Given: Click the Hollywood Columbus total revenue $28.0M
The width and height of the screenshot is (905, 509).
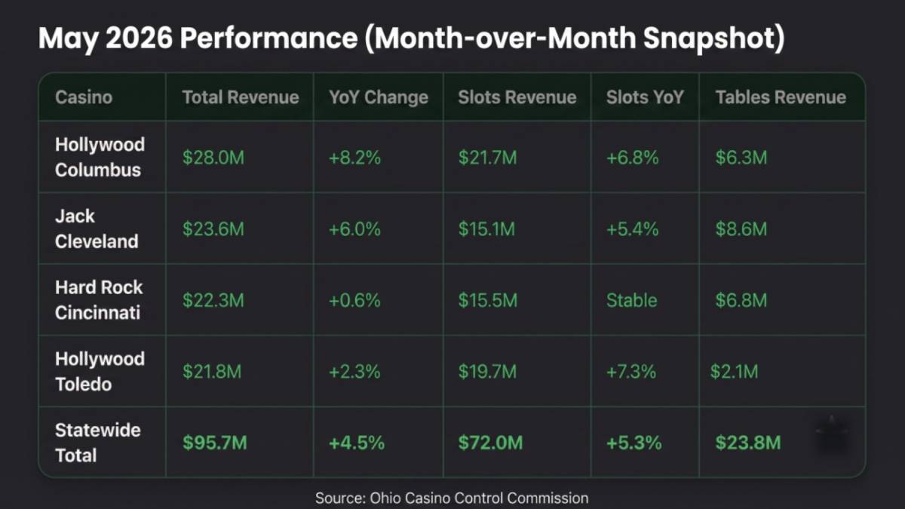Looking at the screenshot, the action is click(x=213, y=158).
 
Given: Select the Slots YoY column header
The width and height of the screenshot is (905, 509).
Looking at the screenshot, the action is click(x=645, y=97).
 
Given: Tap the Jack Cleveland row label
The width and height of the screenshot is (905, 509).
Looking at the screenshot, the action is click(x=97, y=228).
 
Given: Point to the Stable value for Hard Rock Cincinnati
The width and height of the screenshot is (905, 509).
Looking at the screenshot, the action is click(x=631, y=300).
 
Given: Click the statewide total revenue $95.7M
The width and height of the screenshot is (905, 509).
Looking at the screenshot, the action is click(x=214, y=443).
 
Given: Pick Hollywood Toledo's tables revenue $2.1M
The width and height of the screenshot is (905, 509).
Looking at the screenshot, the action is click(x=734, y=372).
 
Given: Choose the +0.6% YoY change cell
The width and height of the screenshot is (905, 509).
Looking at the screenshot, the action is click(x=354, y=300).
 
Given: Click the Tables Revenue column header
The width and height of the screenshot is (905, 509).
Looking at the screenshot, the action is click(x=781, y=97).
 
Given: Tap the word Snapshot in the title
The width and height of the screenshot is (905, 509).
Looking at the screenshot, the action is click(x=714, y=38).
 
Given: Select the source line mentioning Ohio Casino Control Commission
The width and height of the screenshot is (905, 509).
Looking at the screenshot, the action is click(x=452, y=498).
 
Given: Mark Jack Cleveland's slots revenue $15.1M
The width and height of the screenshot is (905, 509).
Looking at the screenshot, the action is click(x=487, y=229).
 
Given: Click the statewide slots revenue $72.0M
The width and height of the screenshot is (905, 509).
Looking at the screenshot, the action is click(x=490, y=443).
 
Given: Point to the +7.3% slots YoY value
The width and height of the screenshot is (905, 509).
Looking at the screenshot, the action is click(x=631, y=372).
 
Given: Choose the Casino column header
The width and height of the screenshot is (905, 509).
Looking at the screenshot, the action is click(x=84, y=97).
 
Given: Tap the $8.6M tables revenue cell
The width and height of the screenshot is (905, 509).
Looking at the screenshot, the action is click(x=741, y=229).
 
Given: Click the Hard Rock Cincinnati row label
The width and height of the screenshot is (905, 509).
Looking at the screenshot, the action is click(x=99, y=300).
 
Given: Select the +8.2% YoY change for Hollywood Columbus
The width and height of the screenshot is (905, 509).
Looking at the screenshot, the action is click(x=354, y=158).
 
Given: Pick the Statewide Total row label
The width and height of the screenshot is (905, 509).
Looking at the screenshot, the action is click(x=98, y=443).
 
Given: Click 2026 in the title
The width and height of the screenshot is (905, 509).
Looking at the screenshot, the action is click(x=140, y=38).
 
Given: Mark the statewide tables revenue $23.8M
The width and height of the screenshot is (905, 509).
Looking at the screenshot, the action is click(x=748, y=443).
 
